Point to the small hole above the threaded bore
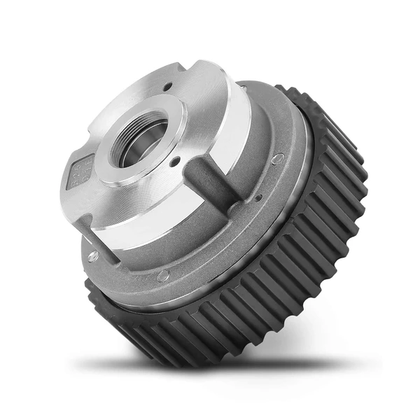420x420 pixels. (169, 87)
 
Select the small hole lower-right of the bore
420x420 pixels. (176, 162)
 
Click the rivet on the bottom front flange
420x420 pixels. (163, 276)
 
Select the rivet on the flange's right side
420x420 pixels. (278, 160)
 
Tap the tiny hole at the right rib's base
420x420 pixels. (257, 198)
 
